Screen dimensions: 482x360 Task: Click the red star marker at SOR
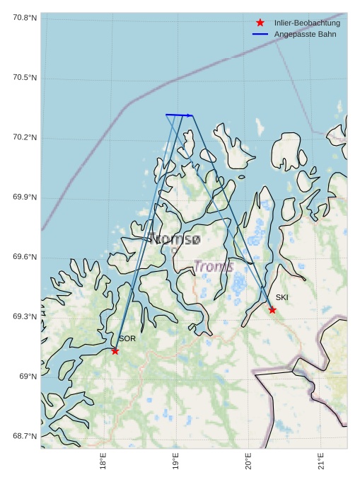coord(115,351)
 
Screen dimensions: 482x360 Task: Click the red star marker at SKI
coord(272,310)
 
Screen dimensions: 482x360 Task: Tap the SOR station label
coord(127,339)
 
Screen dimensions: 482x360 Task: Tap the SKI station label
coord(282,297)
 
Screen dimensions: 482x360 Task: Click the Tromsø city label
coord(174,239)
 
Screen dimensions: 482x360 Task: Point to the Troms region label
coord(214,266)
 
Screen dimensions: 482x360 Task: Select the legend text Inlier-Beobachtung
coord(307,23)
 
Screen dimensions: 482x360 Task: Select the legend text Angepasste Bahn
coord(306,34)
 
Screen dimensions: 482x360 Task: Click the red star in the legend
coord(260,23)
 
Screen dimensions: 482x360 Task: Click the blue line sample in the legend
coord(260,34)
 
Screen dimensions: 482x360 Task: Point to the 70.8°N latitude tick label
coord(25,18)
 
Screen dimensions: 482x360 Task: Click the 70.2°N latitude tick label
coord(25,137)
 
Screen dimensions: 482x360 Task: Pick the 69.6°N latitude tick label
coord(25,257)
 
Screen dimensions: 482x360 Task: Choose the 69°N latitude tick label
coord(28,377)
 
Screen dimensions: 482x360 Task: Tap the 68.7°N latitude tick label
coord(25,436)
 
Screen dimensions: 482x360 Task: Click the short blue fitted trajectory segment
coord(179,115)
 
